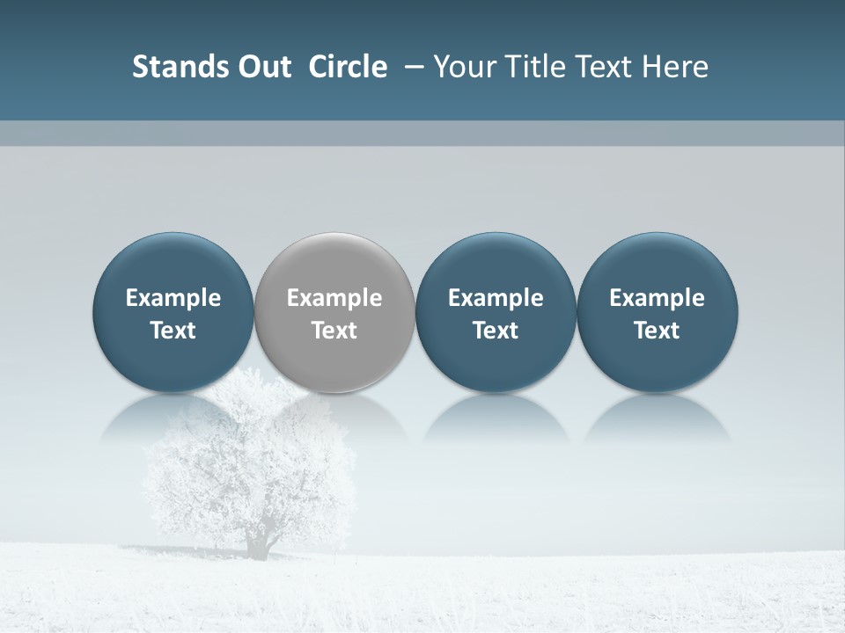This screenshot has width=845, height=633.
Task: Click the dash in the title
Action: click(x=411, y=68)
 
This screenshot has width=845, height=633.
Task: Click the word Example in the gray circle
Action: click(x=334, y=298)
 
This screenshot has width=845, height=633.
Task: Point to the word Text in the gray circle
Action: click(x=334, y=331)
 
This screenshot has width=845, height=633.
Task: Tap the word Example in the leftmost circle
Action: click(x=173, y=298)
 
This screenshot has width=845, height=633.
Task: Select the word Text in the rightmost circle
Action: click(x=658, y=331)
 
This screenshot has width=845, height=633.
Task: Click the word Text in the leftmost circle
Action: click(x=173, y=331)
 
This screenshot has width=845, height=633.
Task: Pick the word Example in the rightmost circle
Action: click(x=658, y=298)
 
